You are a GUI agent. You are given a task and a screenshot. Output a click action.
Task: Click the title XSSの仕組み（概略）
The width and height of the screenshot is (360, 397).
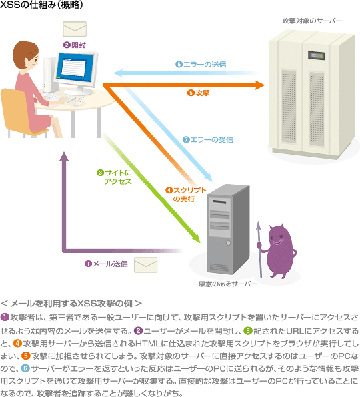tap(41, 5)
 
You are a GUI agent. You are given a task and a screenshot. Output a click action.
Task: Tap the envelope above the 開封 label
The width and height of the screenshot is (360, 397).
tap(75, 29)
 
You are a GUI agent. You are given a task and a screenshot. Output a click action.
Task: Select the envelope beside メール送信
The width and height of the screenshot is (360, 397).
tap(146, 265)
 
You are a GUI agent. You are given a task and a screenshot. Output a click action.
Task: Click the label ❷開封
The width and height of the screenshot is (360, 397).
tap(75, 45)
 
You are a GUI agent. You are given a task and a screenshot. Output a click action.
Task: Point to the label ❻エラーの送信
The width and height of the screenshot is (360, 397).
tap(201, 65)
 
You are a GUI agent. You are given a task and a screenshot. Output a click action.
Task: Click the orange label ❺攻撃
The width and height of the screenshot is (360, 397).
tap(199, 93)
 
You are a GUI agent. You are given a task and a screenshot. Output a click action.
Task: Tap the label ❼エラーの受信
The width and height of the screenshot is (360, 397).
tap(208, 139)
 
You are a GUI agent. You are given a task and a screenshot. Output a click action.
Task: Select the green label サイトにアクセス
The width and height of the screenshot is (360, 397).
tap(114, 177)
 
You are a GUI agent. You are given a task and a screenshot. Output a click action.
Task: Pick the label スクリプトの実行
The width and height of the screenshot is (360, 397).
tap(186, 195)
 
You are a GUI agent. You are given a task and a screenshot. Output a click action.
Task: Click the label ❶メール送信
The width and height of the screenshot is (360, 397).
tap(106, 264)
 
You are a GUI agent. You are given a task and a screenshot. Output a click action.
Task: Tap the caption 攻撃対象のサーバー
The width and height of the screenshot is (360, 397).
tap(312, 21)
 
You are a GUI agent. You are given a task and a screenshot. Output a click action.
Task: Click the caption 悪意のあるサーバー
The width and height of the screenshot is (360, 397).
tap(227, 284)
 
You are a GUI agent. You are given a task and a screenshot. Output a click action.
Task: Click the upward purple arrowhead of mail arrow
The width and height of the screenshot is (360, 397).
tap(64, 156)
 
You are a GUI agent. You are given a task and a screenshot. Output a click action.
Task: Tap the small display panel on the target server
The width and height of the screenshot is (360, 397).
tap(317, 55)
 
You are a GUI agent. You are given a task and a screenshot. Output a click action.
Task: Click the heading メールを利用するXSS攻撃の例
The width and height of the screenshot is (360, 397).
tap(71, 303)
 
